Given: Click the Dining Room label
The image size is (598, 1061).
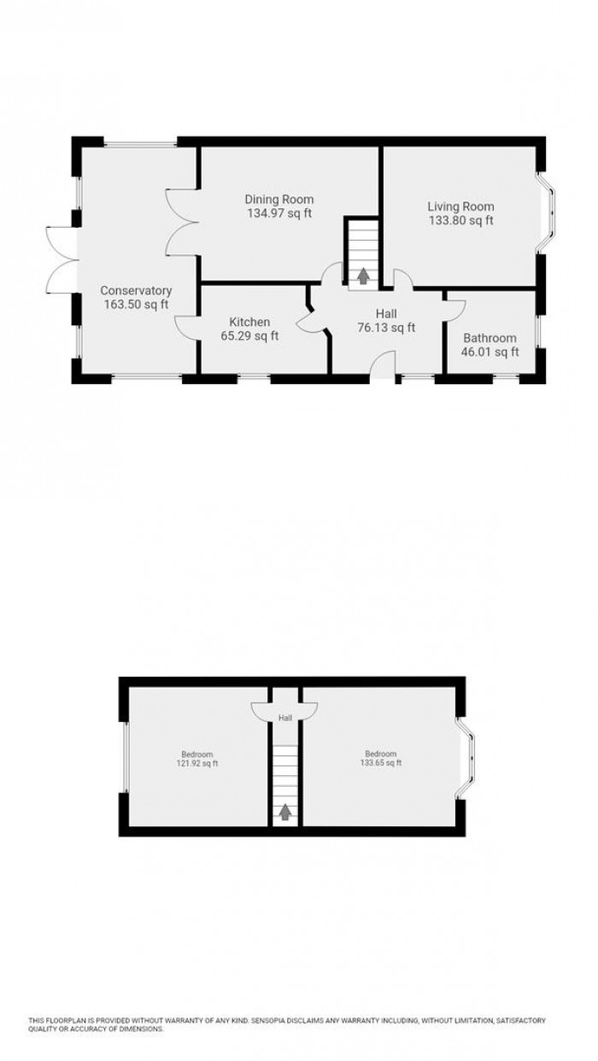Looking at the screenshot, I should (x=274, y=199).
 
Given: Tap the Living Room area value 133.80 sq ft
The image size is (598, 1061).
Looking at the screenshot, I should (x=460, y=220).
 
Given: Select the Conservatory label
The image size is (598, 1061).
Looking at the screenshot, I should (x=135, y=290).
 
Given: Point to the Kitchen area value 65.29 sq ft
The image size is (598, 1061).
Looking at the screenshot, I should (x=249, y=336).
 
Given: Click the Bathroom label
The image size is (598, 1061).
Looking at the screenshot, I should (x=490, y=337).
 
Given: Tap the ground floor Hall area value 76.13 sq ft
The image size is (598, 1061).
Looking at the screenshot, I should (x=387, y=328).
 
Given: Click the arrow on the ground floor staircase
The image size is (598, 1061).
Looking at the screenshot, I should (x=363, y=275).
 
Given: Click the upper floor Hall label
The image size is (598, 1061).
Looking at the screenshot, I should (x=284, y=719).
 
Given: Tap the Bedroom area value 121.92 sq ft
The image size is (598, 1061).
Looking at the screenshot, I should (x=197, y=763).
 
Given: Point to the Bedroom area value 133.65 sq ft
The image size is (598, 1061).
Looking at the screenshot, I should (x=380, y=763).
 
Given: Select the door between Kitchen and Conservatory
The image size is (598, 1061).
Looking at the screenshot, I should (x=185, y=328).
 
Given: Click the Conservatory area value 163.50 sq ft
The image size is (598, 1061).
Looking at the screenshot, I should (x=135, y=304).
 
